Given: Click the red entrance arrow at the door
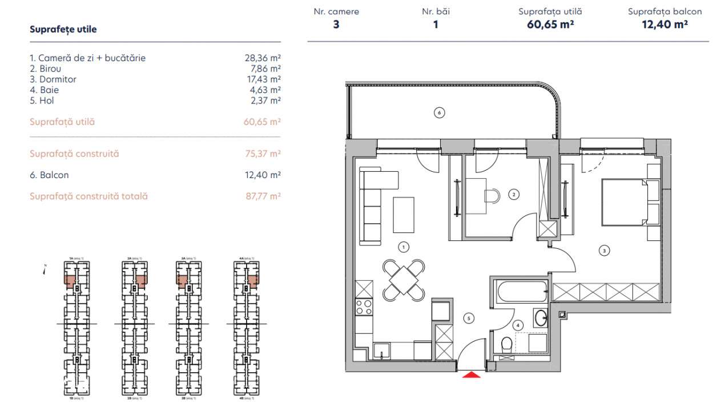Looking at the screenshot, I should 471,374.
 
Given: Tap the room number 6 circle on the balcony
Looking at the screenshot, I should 439,112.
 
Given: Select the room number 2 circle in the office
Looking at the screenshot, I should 514,195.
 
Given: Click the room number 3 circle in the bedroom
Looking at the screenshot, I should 603,249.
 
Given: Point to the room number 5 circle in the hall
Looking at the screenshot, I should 469,318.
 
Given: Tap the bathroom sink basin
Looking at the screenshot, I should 540,318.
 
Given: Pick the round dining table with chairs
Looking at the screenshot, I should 404,280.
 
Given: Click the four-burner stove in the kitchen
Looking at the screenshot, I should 364,307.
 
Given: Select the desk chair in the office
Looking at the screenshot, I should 492,196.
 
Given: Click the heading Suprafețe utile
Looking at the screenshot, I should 63,30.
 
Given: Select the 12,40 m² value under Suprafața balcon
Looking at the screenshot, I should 665,24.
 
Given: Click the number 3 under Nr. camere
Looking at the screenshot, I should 336,25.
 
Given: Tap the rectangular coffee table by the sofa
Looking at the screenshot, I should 404,214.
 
